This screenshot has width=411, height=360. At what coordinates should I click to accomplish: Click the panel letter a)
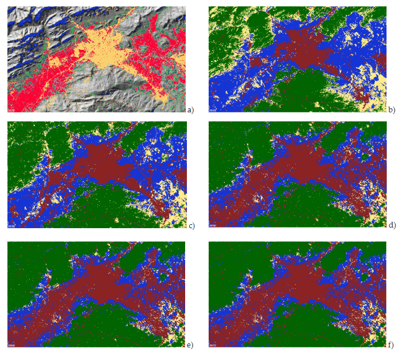191,109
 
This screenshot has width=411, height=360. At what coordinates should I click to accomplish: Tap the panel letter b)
392,109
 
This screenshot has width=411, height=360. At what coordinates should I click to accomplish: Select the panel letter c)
191,225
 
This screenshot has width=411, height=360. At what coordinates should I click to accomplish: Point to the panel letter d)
392,225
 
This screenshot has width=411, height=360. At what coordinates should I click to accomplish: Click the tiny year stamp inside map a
11,109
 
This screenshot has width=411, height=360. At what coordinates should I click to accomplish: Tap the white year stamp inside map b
213,109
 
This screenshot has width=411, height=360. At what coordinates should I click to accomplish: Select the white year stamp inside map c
11,226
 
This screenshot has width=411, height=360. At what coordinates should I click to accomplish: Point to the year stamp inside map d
213,226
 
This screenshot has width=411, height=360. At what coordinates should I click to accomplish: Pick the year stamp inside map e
11,345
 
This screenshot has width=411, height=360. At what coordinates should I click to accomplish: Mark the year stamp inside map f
213,345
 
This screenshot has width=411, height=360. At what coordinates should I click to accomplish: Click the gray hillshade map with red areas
96,59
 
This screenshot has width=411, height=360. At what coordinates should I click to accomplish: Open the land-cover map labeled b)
298,59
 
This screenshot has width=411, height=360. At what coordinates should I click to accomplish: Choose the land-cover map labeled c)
96,175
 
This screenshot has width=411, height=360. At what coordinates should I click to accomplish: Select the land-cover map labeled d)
298,175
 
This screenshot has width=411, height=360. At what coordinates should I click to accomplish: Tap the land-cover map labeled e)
96,294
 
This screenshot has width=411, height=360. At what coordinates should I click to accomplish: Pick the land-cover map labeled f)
298,294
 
